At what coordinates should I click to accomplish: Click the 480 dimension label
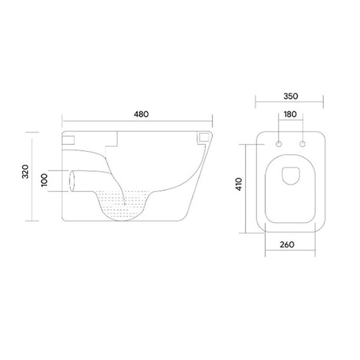pyautogui.click(x=141, y=114)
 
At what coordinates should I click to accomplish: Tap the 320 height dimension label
pyautogui.click(x=25, y=172)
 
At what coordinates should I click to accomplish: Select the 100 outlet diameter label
pyautogui.click(x=44, y=180)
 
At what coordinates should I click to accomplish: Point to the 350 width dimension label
pyautogui.click(x=291, y=96)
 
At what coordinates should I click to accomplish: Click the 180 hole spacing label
pyautogui.click(x=291, y=114)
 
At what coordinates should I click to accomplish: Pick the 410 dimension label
pyautogui.click(x=239, y=184)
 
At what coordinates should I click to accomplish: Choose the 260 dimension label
pyautogui.click(x=287, y=245)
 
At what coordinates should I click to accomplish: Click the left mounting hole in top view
pyautogui.click(x=279, y=144)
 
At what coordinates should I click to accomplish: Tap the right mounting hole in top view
pyautogui.click(x=303, y=144)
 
